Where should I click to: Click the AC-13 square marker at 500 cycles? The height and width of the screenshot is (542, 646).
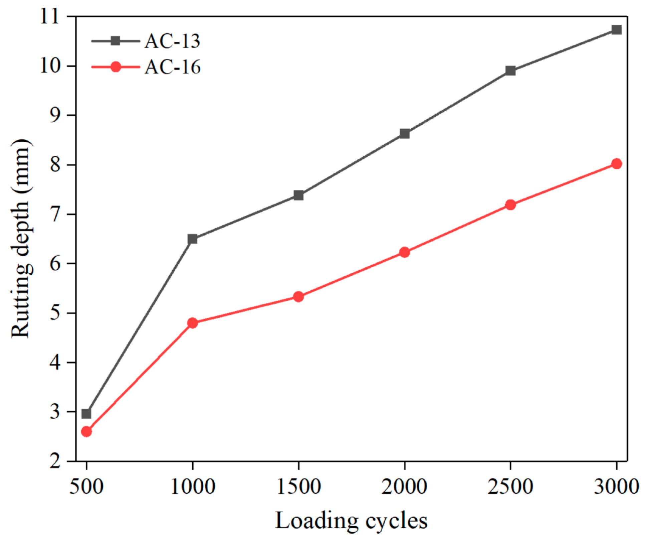[x=86, y=414]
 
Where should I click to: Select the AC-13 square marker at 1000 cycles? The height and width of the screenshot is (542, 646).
[x=192, y=239]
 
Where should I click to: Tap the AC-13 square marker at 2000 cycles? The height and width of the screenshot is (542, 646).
[x=404, y=134]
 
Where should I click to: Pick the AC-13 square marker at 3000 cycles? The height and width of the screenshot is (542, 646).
[x=616, y=30]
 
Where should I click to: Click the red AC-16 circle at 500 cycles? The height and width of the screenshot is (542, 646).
[x=86, y=431]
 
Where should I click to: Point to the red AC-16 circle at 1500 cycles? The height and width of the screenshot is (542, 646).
[x=298, y=296]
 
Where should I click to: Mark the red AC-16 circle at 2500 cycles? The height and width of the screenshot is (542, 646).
[x=510, y=205]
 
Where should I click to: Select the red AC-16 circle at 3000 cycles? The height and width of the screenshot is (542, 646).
[x=616, y=164]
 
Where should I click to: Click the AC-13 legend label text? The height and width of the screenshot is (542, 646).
[x=172, y=41]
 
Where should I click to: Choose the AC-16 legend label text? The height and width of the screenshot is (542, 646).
[x=172, y=67]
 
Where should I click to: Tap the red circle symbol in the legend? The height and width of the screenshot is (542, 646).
[x=116, y=67]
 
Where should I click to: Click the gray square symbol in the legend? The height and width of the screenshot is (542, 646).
[x=116, y=41]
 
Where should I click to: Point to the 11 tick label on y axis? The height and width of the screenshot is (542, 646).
[x=50, y=16]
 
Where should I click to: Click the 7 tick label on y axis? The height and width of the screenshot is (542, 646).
[x=55, y=214]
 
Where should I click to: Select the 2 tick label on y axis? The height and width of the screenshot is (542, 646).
[x=55, y=461]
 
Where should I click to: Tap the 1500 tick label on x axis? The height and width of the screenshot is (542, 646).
[x=298, y=487]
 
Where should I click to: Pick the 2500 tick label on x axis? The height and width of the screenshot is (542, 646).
[x=510, y=487]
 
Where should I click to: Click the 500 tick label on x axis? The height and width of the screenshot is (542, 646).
[x=86, y=487]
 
